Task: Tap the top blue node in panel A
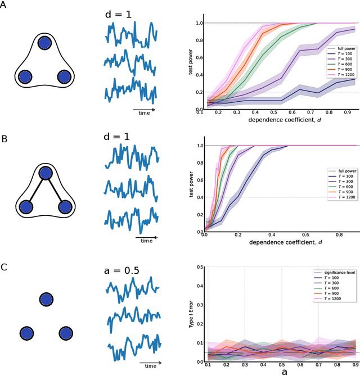(x=44, y=43)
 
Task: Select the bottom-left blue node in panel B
(x=25, y=208)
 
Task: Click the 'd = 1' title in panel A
(x=119, y=13)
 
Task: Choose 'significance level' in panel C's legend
(x=336, y=272)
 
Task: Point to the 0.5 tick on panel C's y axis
(x=199, y=267)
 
